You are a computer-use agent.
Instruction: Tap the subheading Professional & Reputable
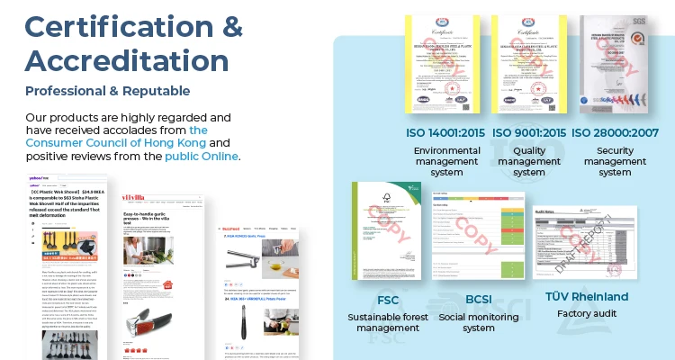[x=108, y=91]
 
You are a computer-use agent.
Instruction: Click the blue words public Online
[x=202, y=156]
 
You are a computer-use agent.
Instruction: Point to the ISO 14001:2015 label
[x=445, y=134]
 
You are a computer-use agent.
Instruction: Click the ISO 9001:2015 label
[x=528, y=134]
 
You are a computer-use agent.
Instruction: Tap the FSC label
[x=388, y=300]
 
